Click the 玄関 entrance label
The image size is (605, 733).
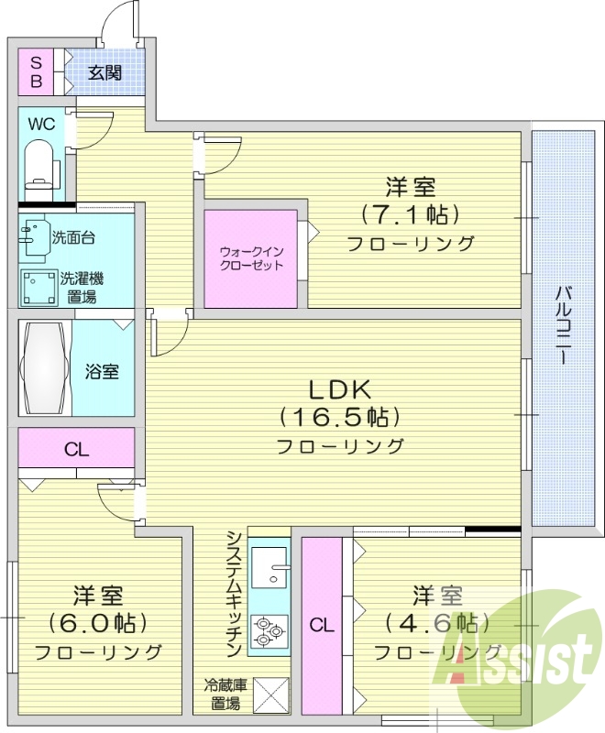104,73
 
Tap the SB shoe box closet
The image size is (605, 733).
37,71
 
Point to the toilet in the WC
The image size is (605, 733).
39,165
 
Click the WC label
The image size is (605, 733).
40,124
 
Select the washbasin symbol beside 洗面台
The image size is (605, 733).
34,236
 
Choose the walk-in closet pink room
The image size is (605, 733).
250,258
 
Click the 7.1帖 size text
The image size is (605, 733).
409,215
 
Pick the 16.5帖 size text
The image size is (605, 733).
339,418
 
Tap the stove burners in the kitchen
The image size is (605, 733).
269,630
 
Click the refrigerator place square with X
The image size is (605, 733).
269,694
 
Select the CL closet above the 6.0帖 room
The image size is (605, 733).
76,450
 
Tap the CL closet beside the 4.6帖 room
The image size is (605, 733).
321,626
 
